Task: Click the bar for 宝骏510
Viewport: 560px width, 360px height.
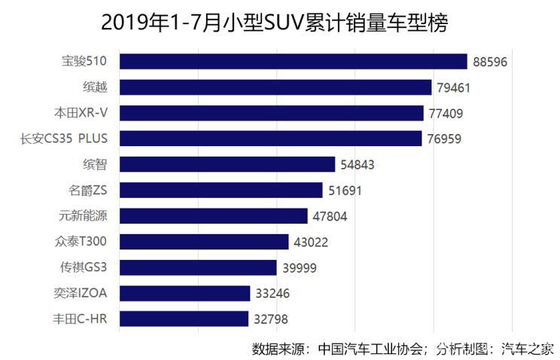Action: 294,62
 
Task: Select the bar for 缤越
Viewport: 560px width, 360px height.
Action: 275,87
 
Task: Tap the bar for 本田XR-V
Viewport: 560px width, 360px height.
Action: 272,113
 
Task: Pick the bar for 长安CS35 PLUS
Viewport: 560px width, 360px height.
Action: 271,139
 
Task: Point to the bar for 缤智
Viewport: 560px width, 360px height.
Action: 227,164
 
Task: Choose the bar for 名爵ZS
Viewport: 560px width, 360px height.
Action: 221,190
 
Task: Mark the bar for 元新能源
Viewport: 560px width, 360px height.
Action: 214,216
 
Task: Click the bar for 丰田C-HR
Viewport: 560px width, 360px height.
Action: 184,319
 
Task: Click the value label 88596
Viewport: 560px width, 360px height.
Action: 491,62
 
